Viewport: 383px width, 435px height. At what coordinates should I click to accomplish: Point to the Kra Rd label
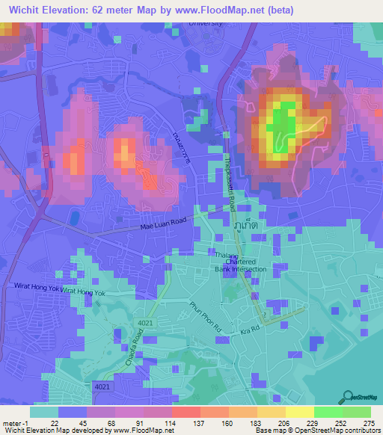249,330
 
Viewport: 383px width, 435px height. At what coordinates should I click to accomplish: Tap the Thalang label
225,254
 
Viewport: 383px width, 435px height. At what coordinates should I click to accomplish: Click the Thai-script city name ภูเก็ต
242,223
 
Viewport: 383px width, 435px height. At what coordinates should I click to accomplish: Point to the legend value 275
368,422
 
